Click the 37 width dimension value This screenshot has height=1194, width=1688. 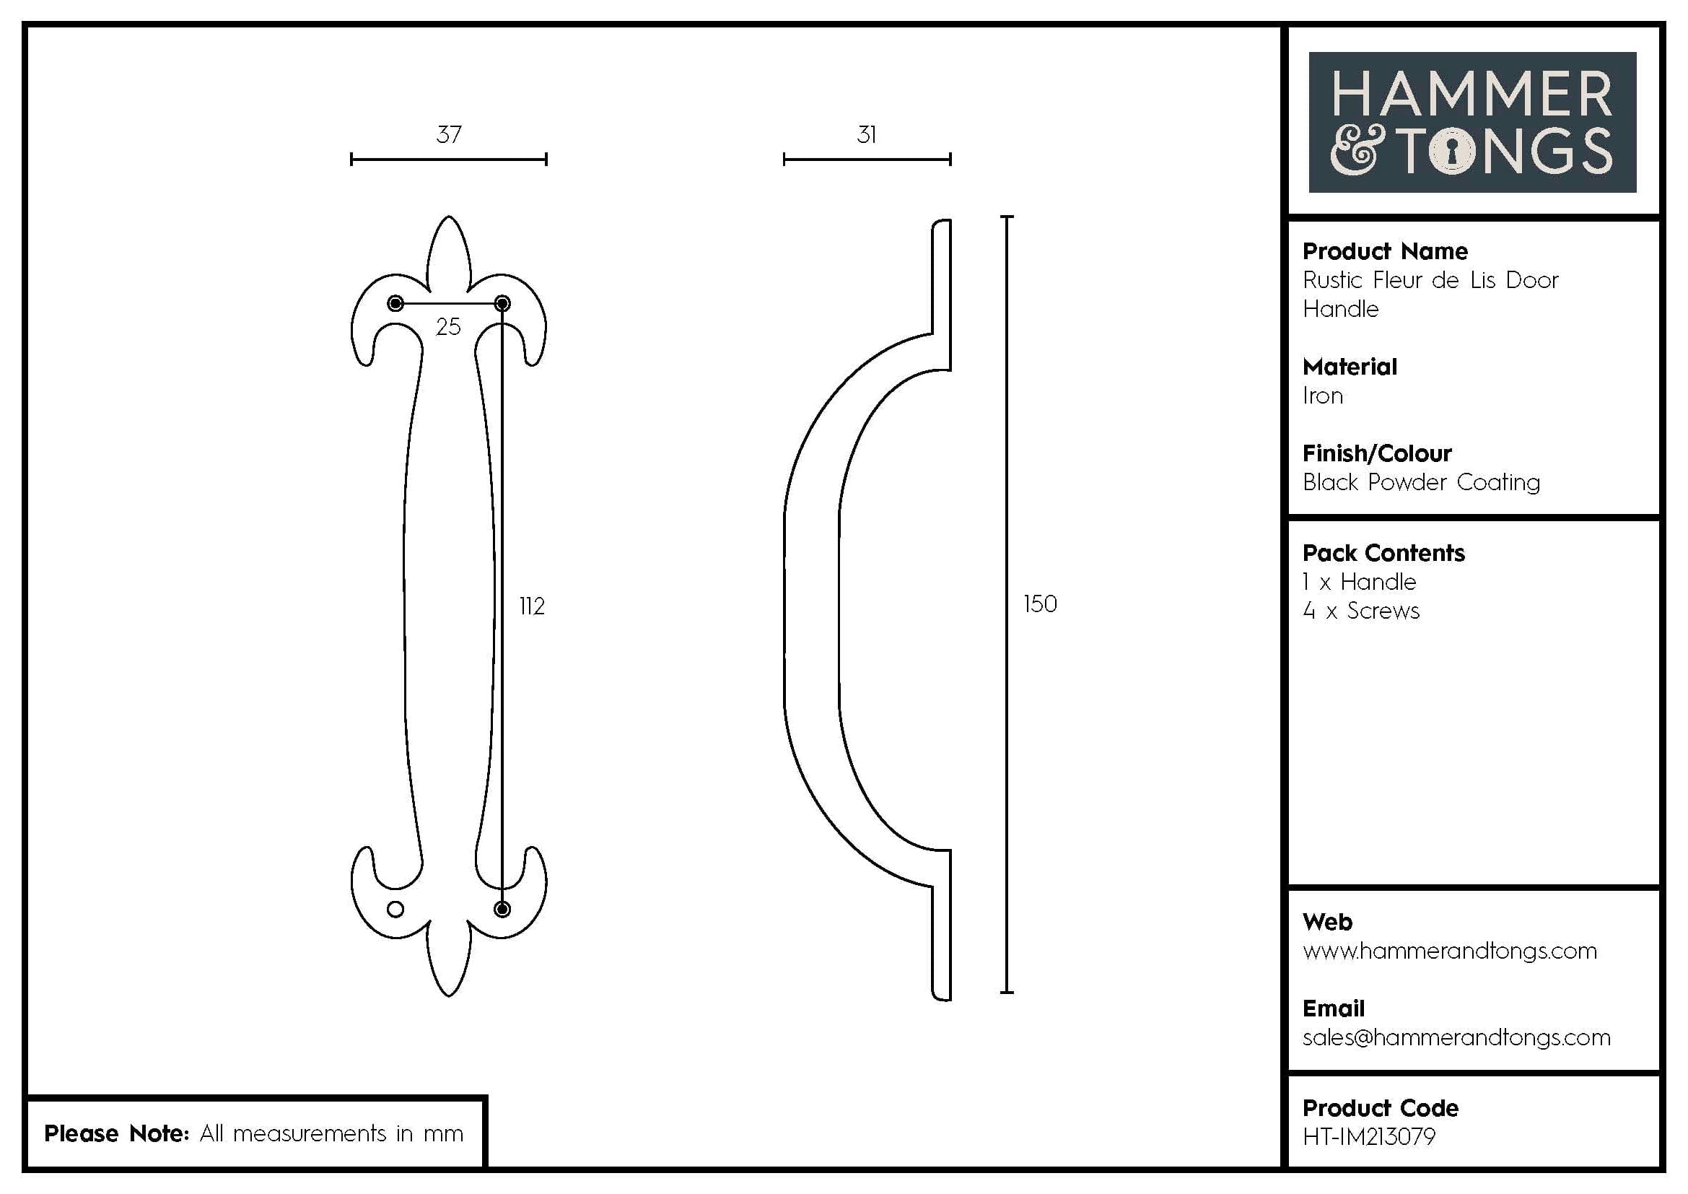pos(448,134)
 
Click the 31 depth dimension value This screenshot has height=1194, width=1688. pos(867,134)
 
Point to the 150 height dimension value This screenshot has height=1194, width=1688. pos(1039,603)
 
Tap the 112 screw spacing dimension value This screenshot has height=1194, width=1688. pos(532,606)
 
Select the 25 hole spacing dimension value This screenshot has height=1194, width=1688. pos(447,326)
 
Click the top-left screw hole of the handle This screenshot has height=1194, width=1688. pos(395,303)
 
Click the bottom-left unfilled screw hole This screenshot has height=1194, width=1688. pos(395,910)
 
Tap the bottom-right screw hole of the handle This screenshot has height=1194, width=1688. pos(502,910)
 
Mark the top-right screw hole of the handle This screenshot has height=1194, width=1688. pos(502,303)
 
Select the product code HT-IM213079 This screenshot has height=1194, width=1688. pos(1368,1137)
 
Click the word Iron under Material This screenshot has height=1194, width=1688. pos(1323,396)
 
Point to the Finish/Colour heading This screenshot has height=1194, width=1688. pos(1376,453)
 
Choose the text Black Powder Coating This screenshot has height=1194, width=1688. pos(1420,482)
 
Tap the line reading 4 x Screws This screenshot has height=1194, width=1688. pos(1361,611)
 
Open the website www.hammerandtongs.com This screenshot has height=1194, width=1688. pos(1449,951)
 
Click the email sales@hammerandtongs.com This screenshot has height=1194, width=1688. pos(1456,1037)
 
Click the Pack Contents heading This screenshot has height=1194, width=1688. pos(1383,553)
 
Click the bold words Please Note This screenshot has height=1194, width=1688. pos(116,1133)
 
